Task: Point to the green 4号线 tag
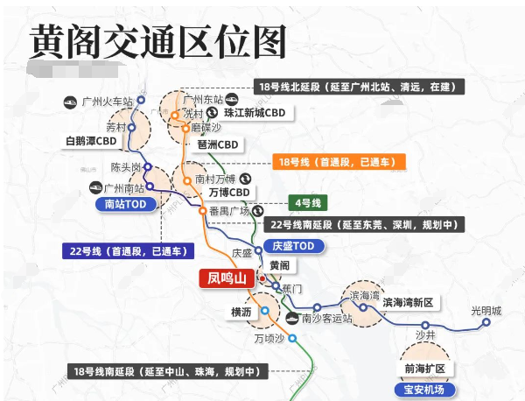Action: (307, 203)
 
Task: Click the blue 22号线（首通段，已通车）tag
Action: (128, 251)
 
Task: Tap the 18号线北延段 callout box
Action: (359, 87)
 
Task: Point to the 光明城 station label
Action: (486, 311)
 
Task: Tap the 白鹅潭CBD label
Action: (91, 141)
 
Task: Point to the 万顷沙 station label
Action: (270, 338)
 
